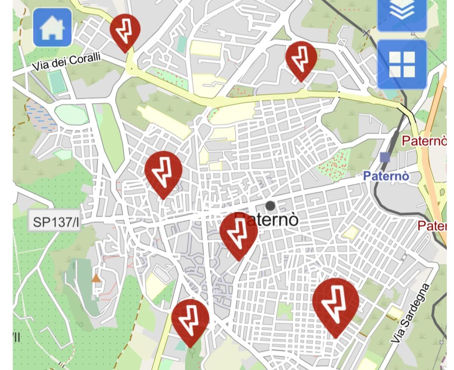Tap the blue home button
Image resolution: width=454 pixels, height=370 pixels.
pos(52,28)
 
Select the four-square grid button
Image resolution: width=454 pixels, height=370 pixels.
pos(402,64)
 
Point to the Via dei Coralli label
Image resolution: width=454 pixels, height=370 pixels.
pos(67,62)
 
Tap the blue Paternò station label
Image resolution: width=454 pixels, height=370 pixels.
pos(386,176)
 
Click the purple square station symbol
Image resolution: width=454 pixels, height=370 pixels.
pos(385,157)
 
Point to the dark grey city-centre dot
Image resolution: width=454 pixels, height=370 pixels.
pos(270,206)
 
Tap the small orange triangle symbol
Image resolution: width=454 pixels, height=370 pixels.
pos(96,279)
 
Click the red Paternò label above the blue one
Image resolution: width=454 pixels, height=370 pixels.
pos(424,141)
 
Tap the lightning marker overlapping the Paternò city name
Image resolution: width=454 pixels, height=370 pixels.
pos(239,233)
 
